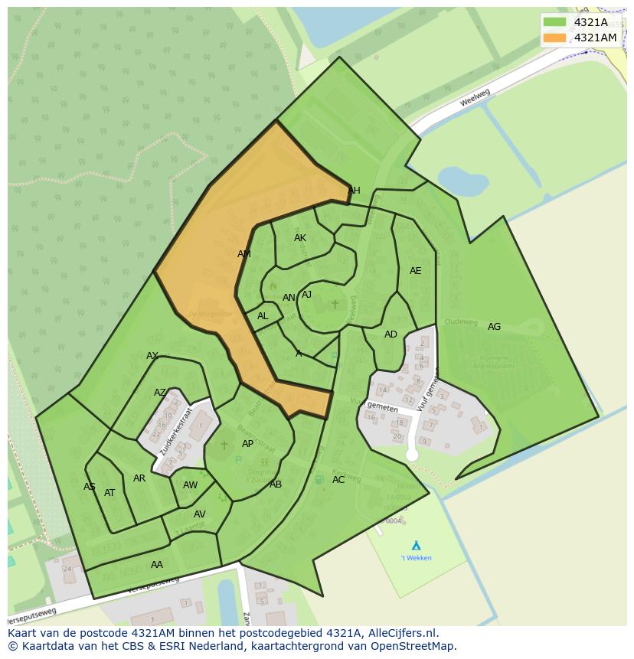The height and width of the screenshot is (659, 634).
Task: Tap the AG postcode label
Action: coord(494,327)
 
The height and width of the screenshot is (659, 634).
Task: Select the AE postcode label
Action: coord(415,271)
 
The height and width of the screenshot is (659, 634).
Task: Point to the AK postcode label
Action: coord(300,238)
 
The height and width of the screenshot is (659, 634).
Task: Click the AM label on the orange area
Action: coord(244,254)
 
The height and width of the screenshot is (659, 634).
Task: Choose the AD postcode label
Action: coord(391,334)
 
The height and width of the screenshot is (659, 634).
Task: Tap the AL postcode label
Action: coord(263,316)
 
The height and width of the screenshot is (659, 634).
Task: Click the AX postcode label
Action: coord(152,356)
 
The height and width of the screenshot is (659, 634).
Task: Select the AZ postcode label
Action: coord(159,393)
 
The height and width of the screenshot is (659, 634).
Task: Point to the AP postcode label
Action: coord(247,444)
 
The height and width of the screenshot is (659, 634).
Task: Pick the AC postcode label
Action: coord(338,480)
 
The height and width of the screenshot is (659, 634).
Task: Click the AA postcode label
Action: coord(156,565)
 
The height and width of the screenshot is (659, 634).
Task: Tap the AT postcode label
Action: coord(109,493)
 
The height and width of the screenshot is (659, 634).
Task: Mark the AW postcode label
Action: coord(190,485)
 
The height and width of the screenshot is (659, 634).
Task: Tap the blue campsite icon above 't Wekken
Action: coord(416,545)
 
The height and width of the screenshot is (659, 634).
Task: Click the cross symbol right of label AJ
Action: coord(334,305)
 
